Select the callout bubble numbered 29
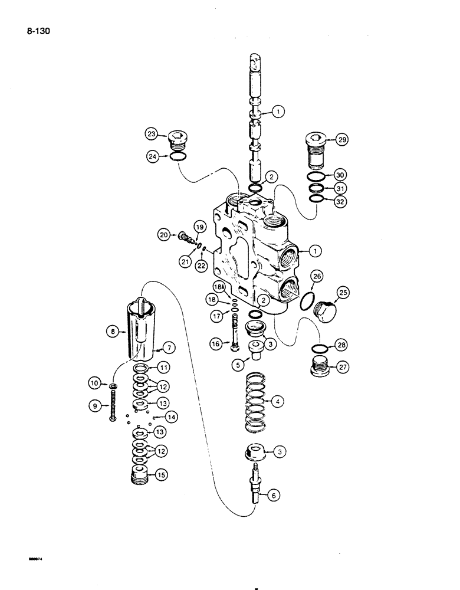pos(343,140)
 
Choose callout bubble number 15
pos(159,474)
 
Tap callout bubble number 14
pos(170,417)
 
